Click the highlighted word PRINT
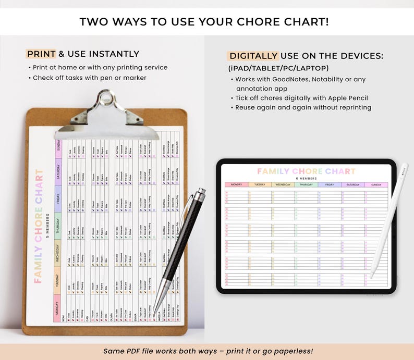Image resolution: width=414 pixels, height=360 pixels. pyautogui.click(x=41, y=54)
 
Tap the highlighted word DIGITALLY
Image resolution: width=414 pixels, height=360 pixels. pyautogui.click(x=253, y=56)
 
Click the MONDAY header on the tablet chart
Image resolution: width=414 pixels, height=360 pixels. pyautogui.click(x=236, y=184)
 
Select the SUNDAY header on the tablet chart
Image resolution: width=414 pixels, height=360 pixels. pyautogui.click(x=376, y=184)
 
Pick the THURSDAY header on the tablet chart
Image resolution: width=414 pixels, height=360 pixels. pyautogui.click(x=306, y=184)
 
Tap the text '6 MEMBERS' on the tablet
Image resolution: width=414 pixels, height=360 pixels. pyautogui.click(x=306, y=178)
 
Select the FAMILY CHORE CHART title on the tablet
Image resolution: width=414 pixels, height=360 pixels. pyautogui.click(x=306, y=171)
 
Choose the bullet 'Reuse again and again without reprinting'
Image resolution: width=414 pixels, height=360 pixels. pyautogui.click(x=303, y=107)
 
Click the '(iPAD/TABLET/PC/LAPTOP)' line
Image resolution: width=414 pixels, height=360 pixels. pyautogui.click(x=278, y=68)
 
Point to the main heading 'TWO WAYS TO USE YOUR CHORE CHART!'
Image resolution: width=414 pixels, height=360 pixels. pyautogui.click(x=207, y=22)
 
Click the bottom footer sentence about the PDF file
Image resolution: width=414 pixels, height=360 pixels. pyautogui.click(x=208, y=351)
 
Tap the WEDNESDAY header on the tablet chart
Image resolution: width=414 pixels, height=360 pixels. pyautogui.click(x=283, y=184)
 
